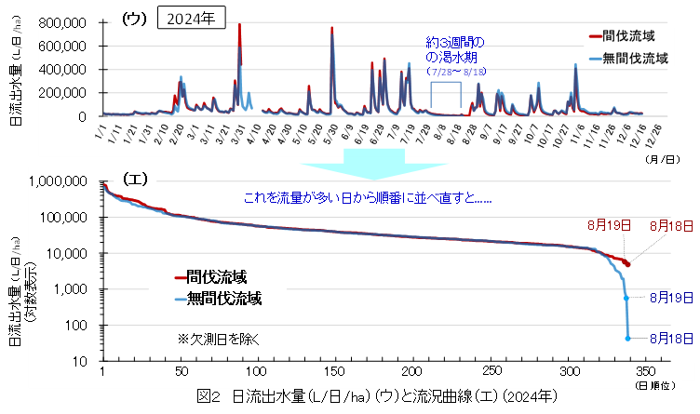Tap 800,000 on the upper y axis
click(65, 22)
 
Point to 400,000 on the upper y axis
click(65, 70)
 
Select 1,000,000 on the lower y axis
click(60, 182)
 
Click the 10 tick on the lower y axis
click(81, 361)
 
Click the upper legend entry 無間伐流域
click(636, 58)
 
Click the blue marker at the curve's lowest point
click(627, 339)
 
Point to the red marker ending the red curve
click(627, 264)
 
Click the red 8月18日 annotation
click(670, 225)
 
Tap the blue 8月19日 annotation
click(668, 297)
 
